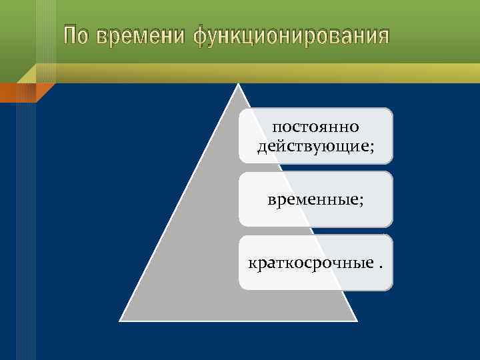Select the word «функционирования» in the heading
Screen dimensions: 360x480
click(x=291, y=36)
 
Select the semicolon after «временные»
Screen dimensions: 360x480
click(x=361, y=201)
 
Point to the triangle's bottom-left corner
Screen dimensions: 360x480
click(x=121, y=320)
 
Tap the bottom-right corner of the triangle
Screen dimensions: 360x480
click(x=357, y=320)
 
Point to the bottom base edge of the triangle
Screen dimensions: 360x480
click(x=238, y=320)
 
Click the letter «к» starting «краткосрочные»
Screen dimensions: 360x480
click(x=252, y=264)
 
